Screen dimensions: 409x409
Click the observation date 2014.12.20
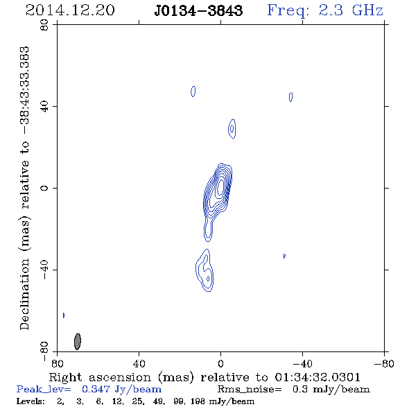pos(70,10)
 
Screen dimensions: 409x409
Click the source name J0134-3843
pos(198,10)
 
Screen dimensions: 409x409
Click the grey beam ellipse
pos(78,341)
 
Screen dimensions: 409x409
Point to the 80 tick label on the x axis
pos(57,363)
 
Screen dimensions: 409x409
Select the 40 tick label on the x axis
pos(139,363)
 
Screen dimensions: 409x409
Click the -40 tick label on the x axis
pos(302,363)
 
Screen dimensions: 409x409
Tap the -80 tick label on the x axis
pos(384,363)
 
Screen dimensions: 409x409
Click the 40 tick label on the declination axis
pos(44,107)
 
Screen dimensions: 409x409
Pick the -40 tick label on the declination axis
pos(44,270)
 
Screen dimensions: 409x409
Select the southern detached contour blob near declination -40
pos(205,270)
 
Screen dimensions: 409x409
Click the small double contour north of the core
pos(232,129)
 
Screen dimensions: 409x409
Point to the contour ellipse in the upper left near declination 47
pos(193,92)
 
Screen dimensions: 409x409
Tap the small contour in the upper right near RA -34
pos(291,97)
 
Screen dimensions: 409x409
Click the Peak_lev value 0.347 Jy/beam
pos(121,389)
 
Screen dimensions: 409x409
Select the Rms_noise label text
pos(250,390)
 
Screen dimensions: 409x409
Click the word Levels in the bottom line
pos(31,401)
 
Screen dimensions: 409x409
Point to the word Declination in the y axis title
pos(24,294)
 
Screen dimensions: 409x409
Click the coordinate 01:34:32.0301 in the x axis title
pos(317,377)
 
